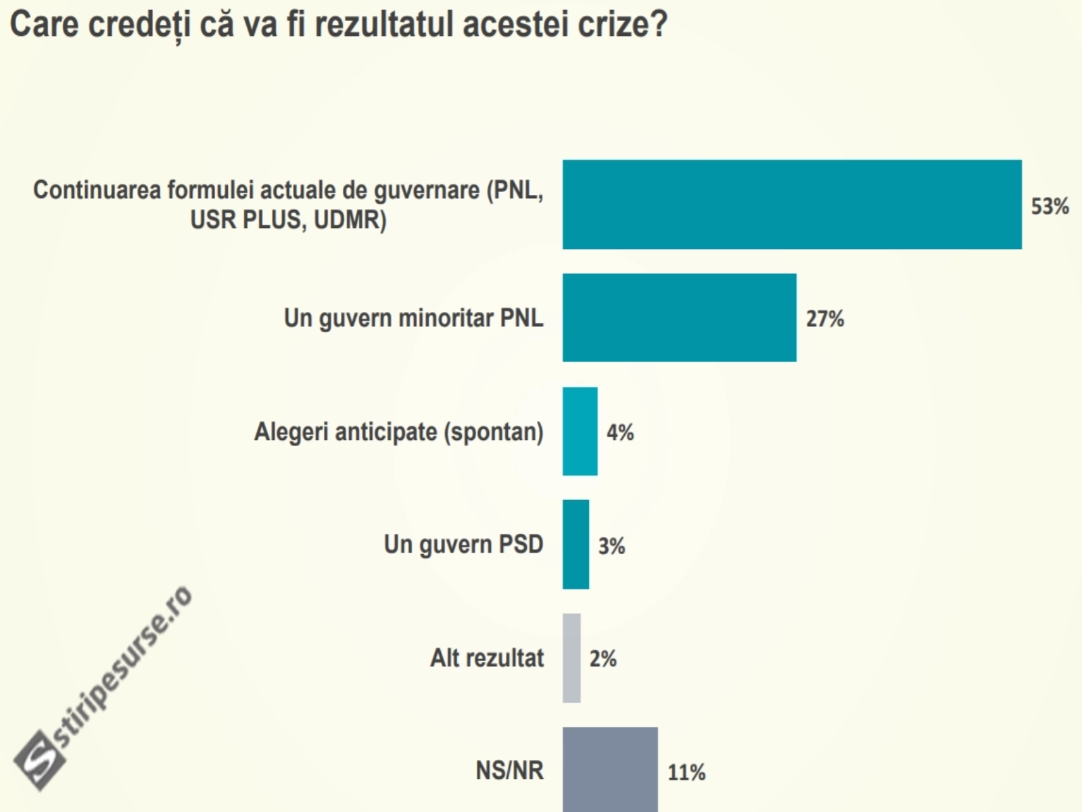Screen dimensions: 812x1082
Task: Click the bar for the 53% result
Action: [x=792, y=204]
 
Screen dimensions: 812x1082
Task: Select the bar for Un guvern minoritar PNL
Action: [x=679, y=317]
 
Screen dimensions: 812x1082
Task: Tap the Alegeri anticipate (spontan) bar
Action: [x=580, y=431]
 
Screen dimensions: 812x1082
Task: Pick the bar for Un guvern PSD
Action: [x=575, y=544]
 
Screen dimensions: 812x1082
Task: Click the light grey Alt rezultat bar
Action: [x=571, y=658]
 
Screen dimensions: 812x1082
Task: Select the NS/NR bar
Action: [x=610, y=769]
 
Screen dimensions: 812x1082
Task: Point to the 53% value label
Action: [x=1050, y=206]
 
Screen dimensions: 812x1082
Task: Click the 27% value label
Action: [x=824, y=319]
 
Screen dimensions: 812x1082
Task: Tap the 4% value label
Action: [x=619, y=432]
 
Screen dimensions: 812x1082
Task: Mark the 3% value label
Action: [x=611, y=546]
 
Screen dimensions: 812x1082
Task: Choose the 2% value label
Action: [x=603, y=659]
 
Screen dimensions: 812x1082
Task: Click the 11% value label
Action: [x=686, y=772]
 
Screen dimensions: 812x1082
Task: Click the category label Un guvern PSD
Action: [x=463, y=545]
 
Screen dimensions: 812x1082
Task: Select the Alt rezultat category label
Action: [x=487, y=658]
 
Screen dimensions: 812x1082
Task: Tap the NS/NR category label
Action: [x=509, y=770]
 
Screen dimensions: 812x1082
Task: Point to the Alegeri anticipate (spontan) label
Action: [x=398, y=432]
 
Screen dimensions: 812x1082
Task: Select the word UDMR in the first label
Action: [x=348, y=220]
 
